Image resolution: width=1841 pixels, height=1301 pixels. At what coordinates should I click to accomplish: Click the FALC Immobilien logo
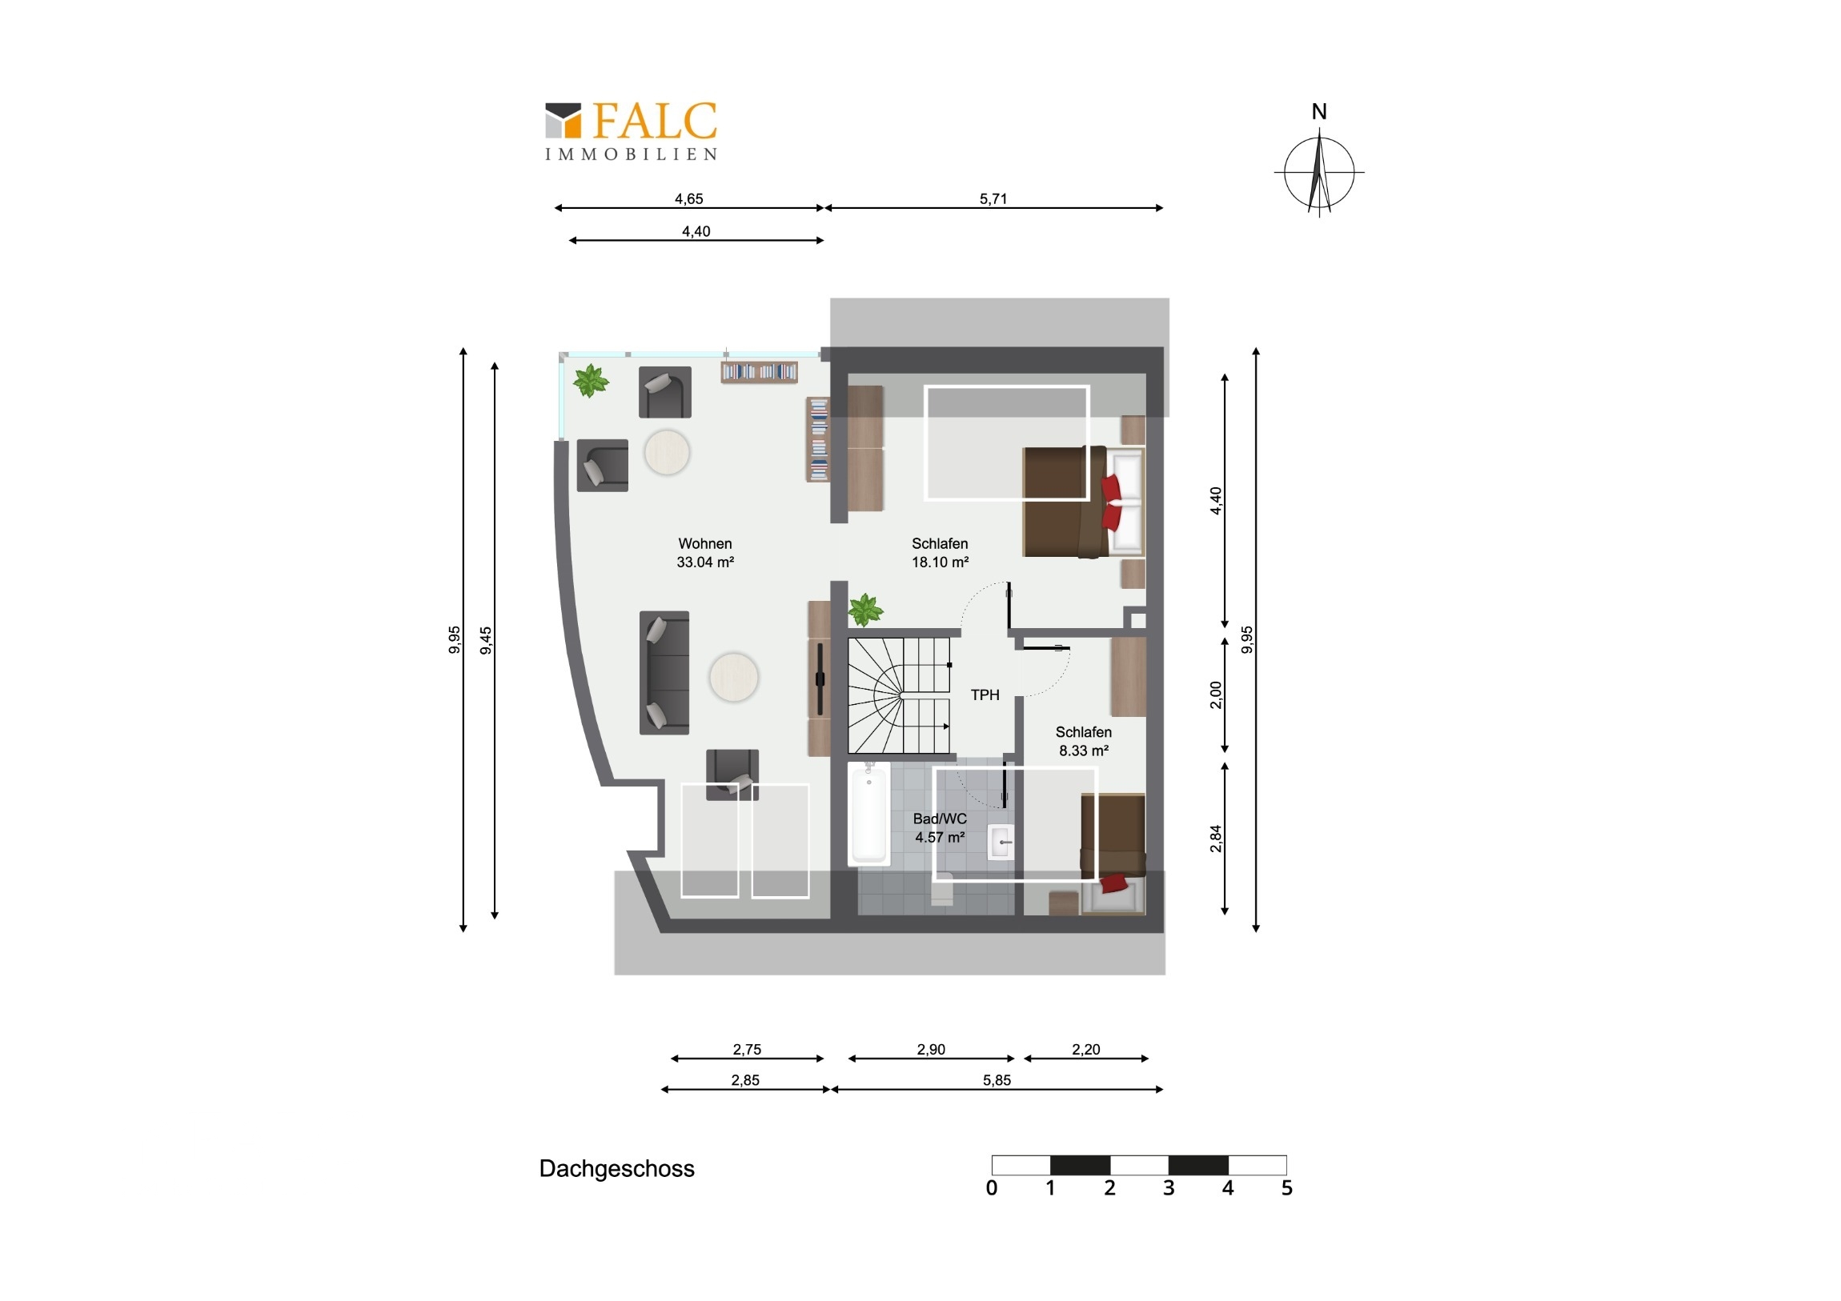point(631,130)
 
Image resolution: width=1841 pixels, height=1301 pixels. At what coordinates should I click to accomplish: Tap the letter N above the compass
point(1319,111)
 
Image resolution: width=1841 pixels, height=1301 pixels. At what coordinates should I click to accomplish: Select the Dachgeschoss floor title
point(616,1169)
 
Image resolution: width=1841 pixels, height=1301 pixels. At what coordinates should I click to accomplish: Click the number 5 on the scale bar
point(1287,1188)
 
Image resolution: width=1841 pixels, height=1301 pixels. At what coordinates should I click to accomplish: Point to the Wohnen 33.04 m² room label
point(705,553)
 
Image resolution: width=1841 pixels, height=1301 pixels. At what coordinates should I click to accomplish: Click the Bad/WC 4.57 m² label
point(940,828)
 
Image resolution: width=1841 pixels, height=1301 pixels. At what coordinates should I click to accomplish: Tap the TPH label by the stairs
point(985,695)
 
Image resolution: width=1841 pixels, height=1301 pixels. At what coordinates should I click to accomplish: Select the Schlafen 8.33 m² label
point(1083,742)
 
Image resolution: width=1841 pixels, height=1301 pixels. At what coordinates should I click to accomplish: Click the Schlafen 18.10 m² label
point(940,553)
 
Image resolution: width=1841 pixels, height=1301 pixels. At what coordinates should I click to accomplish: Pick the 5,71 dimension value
point(993,198)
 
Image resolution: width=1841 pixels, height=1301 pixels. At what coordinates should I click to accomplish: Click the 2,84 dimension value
point(1216,839)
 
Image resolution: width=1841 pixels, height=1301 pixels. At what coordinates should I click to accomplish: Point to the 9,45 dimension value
point(486,640)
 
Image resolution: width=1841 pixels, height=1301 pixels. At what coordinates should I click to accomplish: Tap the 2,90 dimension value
point(931,1049)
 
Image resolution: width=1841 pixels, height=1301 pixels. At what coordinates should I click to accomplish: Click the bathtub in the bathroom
point(869,814)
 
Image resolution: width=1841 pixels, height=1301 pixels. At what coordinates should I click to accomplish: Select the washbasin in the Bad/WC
point(1000,842)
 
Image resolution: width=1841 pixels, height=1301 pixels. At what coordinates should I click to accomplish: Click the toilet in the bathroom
point(942,890)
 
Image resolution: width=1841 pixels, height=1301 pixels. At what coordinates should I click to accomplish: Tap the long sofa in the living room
point(664,673)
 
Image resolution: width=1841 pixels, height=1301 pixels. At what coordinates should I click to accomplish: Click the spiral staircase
point(900,696)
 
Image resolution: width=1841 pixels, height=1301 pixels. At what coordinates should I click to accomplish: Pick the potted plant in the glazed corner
point(591,381)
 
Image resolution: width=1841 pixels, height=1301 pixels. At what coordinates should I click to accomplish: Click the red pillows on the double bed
point(1111,502)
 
